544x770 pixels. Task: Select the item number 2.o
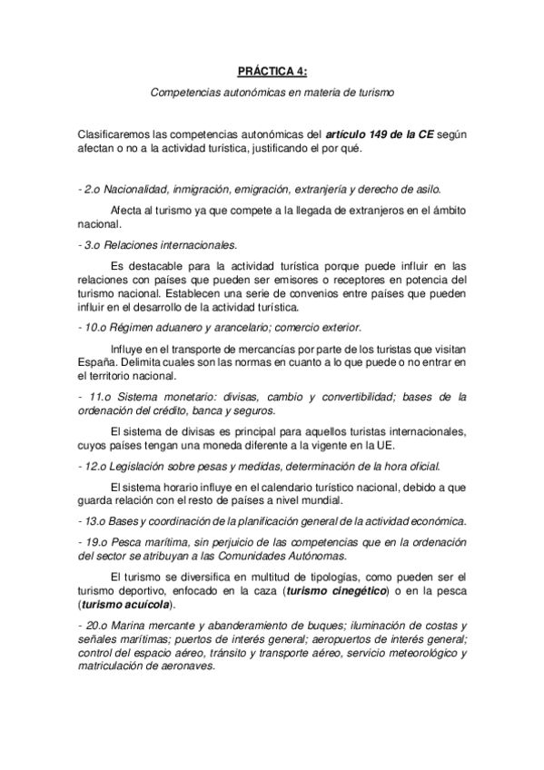pyautogui.click(x=92, y=190)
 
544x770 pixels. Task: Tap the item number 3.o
pyautogui.click(x=92, y=243)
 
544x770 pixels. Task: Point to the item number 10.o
pyautogui.click(x=94, y=327)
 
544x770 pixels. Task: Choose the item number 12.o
pyautogui.click(x=94, y=466)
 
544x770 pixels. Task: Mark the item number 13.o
pyautogui.click(x=94, y=520)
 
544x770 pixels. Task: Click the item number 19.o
pyautogui.click(x=94, y=542)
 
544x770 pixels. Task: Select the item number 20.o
pyautogui.click(x=94, y=627)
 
